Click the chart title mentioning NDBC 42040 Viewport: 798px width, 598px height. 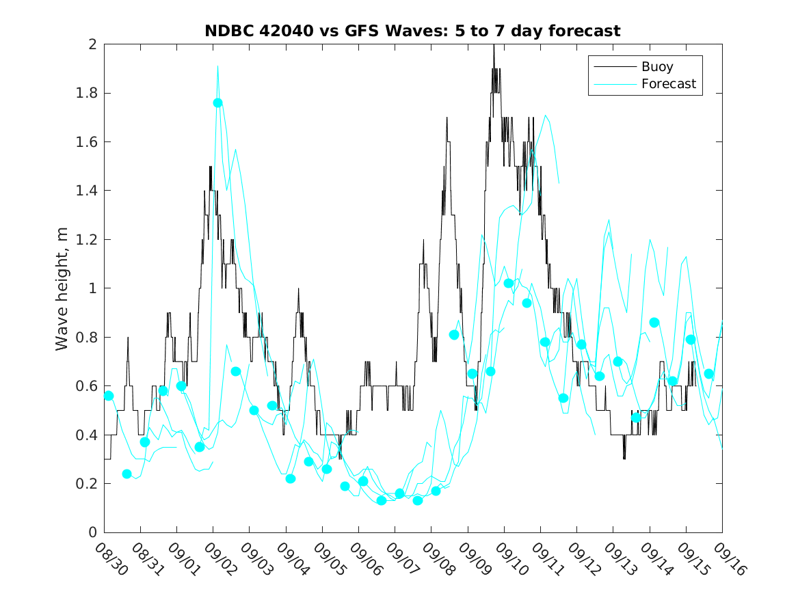pos(412,31)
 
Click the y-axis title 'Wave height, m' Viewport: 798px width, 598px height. pos(62,288)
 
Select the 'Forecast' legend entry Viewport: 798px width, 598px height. pos(668,84)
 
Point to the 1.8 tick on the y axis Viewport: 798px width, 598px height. pos(88,93)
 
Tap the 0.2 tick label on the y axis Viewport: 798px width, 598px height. pos(88,484)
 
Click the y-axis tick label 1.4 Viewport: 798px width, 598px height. pos(88,191)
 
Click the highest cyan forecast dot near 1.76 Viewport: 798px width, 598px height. pos(217,103)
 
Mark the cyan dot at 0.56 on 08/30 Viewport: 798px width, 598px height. pos(108,396)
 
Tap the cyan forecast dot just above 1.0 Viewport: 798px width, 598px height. pos(508,283)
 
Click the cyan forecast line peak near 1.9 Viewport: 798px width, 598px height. pos(217,66)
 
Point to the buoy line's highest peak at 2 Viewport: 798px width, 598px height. pos(493,46)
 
